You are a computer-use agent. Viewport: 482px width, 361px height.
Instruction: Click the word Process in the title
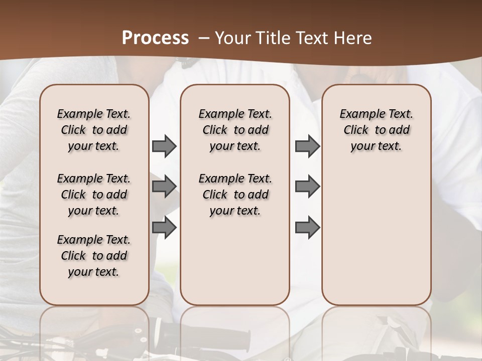(x=155, y=38)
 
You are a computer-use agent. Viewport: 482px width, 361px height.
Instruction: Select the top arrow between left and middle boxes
(x=164, y=146)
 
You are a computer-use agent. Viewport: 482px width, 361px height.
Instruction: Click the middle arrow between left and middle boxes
(x=164, y=187)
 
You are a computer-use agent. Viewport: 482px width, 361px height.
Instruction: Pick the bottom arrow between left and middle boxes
(x=164, y=228)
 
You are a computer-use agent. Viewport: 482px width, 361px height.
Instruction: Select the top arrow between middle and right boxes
(x=307, y=146)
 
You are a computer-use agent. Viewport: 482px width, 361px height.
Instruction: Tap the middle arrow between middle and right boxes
(x=307, y=187)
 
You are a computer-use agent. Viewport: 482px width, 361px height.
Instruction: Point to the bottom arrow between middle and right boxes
(x=307, y=228)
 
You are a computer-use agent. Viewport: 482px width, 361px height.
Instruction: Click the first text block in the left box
(x=94, y=130)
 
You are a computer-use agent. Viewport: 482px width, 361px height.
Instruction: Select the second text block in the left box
(x=94, y=195)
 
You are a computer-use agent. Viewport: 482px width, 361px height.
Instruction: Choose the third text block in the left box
(x=94, y=256)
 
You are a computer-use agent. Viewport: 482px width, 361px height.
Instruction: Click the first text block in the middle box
(x=235, y=130)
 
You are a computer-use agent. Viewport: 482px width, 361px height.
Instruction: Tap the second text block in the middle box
(x=235, y=195)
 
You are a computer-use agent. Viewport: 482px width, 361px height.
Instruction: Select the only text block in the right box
(x=376, y=130)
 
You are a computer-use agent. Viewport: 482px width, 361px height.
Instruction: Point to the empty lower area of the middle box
(x=235, y=261)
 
